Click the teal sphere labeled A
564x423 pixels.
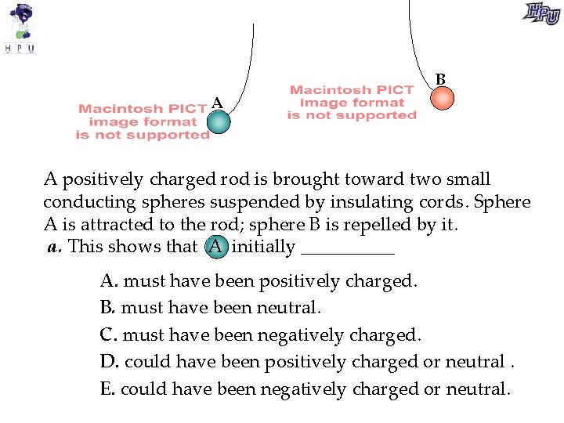click(x=220, y=121)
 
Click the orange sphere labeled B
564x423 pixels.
click(x=443, y=98)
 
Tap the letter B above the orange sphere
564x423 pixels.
click(x=440, y=79)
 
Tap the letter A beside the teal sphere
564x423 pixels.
click(x=217, y=103)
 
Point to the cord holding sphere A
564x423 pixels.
click(x=250, y=70)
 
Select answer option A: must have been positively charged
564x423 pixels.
click(x=258, y=280)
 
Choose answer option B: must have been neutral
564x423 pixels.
click(x=211, y=307)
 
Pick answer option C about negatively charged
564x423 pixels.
click(x=261, y=334)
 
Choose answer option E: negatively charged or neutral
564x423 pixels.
click(x=305, y=389)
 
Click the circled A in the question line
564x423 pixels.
click(x=216, y=248)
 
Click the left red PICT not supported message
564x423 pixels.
click(x=143, y=122)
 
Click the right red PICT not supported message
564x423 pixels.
click(x=352, y=103)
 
